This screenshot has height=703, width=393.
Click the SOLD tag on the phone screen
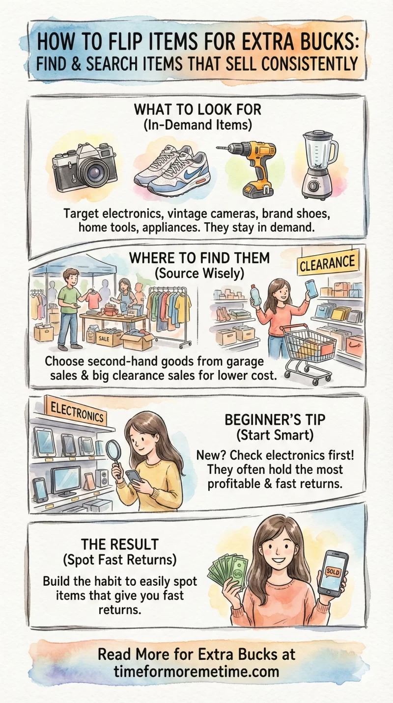(333, 572)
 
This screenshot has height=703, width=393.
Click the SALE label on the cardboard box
(104, 338)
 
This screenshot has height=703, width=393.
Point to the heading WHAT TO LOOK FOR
(197, 109)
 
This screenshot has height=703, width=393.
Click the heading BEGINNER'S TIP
(275, 419)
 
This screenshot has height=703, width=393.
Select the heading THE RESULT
(120, 544)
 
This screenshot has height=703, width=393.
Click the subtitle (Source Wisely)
(199, 274)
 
